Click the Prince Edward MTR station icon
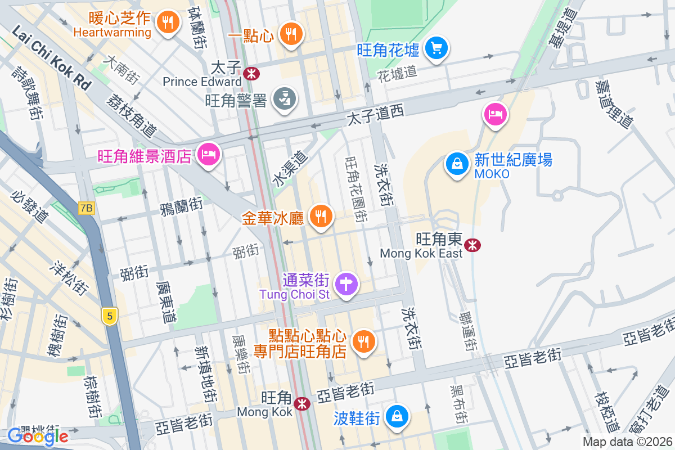tap(251, 72)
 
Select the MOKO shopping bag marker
tap(457, 164)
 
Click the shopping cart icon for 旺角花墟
tap(436, 48)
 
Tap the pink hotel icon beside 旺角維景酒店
tap(208, 154)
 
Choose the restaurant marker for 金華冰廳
tap(321, 215)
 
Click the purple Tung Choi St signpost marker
tap(346, 284)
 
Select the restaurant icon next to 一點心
tap(290, 34)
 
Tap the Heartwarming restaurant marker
tap(166, 22)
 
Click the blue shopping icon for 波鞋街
tap(397, 416)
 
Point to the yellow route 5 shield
tap(110, 317)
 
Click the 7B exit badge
tap(86, 208)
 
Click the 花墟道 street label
tap(397, 73)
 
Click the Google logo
tap(38, 436)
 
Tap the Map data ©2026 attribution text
tap(627, 442)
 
